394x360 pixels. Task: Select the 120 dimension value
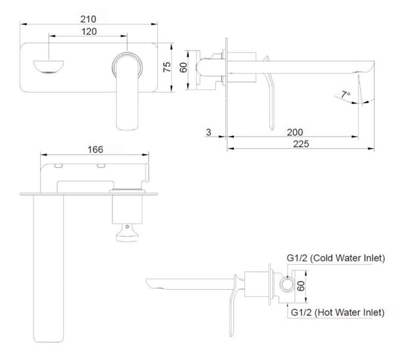91,30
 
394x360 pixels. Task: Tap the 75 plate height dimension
167,66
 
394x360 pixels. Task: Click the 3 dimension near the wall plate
208,132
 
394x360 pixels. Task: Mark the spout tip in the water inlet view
152,284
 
